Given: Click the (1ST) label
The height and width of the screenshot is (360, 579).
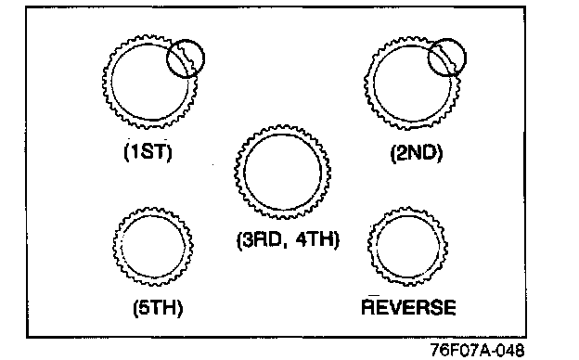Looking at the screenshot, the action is pos(148,151).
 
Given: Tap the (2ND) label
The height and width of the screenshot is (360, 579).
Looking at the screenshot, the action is pos(416,153).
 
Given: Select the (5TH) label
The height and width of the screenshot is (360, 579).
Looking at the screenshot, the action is pos(158,307).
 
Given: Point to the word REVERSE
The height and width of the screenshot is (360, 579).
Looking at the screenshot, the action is pos(408,307).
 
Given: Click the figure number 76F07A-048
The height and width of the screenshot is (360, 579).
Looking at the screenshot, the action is pos(478,349).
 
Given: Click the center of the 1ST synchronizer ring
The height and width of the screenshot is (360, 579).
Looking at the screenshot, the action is pos(149,83).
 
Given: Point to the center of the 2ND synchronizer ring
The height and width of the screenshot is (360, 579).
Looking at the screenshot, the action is pos(412,84).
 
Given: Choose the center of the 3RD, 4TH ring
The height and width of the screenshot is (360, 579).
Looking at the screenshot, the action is pos(282,172).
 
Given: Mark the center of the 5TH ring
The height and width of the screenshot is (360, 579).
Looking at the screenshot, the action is pos(153,246).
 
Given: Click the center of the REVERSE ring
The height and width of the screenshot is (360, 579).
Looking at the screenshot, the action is pos(407,246).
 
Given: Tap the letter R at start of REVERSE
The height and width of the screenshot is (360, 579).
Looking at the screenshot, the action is pos(368,307).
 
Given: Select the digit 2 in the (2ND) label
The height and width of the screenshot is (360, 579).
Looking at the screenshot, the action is pos(401,153).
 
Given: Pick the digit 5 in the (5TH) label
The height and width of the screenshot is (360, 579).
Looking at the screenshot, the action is pos(143,307).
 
